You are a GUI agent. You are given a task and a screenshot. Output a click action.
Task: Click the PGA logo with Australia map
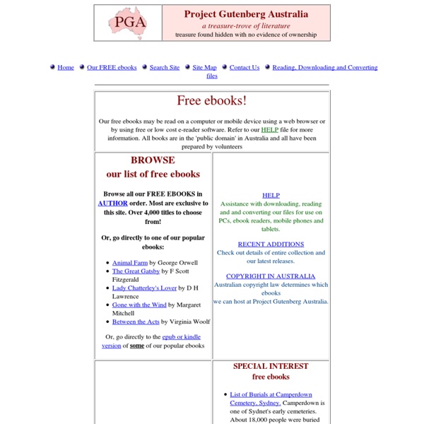127,23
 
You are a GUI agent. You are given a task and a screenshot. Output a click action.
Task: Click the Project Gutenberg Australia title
246,13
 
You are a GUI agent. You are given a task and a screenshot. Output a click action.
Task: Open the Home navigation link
66,68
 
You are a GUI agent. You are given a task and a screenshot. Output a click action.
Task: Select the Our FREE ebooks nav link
112,68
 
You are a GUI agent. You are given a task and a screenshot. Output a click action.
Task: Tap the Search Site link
165,68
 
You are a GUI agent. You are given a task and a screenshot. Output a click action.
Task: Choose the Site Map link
205,68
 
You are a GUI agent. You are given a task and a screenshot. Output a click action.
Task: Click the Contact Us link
245,68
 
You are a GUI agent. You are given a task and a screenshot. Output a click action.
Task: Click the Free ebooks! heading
212,101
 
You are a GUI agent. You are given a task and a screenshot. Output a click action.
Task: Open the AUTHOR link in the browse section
113,202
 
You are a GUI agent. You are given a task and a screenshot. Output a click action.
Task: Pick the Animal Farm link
129,263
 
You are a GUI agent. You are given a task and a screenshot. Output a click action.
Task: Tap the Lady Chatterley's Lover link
144,288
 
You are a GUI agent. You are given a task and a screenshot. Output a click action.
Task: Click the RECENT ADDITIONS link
271,245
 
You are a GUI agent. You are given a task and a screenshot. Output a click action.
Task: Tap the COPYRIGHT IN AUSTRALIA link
271,277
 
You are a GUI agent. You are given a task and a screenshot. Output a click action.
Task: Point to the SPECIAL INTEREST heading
271,367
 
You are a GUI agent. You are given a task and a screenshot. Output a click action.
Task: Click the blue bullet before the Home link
52,67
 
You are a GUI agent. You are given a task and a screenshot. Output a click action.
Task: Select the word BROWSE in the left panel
153,160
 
